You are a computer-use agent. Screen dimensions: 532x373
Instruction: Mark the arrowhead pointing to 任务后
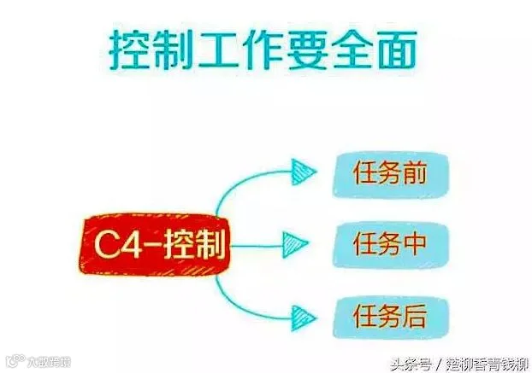304,315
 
